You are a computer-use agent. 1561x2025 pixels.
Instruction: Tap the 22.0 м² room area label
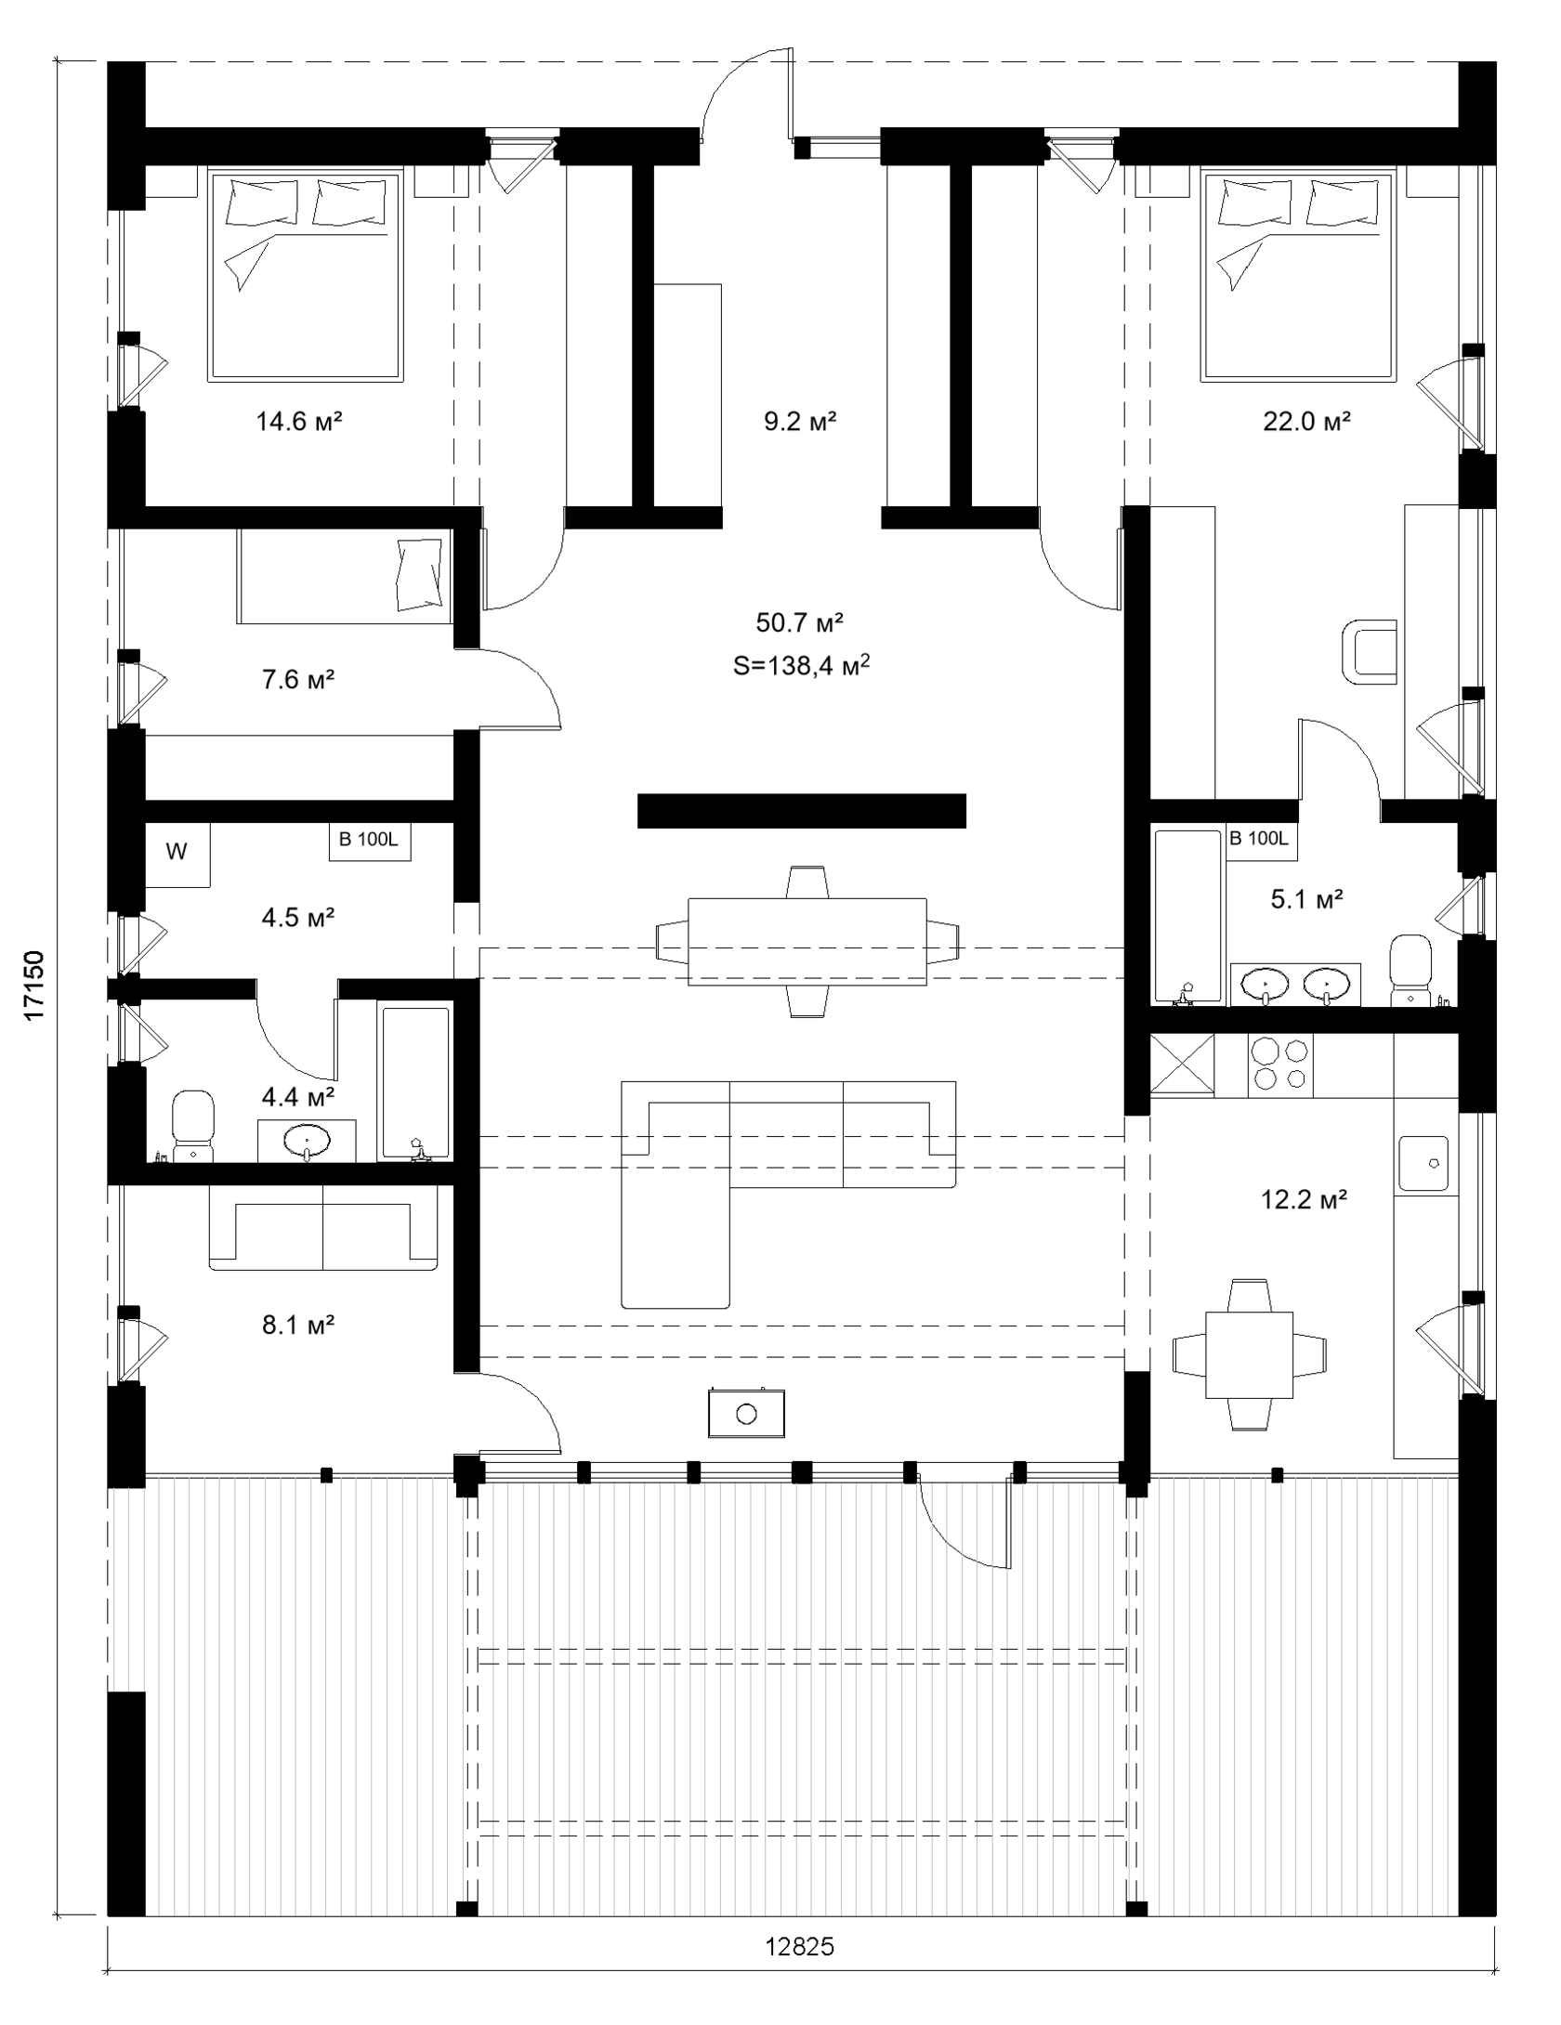click(1306, 423)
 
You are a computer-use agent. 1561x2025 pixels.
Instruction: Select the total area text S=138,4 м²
click(801, 666)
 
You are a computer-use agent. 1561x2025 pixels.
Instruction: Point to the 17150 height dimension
click(34, 986)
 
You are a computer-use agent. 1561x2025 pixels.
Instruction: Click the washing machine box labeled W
click(177, 853)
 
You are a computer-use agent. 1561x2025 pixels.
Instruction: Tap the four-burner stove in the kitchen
click(1281, 1064)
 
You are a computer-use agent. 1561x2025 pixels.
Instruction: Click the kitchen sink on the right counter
click(1423, 1162)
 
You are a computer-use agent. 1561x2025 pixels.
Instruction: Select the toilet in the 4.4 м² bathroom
click(193, 1126)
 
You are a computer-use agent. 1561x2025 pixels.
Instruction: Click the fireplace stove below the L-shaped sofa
click(746, 1414)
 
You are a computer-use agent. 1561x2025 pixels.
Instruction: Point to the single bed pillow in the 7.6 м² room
click(419, 575)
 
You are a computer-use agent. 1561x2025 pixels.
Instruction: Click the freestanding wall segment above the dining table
click(801, 810)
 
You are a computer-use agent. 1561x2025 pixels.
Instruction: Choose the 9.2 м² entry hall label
click(800, 423)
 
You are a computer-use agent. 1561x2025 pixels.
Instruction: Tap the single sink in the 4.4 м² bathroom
click(307, 1139)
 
